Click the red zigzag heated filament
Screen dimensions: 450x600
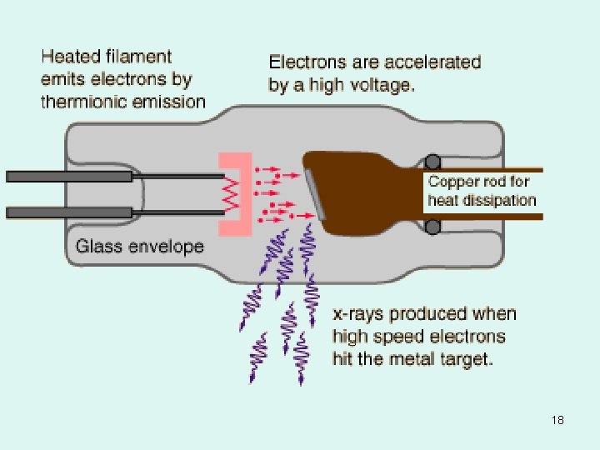click(x=231, y=193)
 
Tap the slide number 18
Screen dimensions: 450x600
click(x=557, y=420)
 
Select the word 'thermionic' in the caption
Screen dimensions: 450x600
click(x=83, y=102)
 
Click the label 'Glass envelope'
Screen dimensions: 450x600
click(x=139, y=246)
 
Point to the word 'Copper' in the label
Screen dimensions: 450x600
click(x=453, y=181)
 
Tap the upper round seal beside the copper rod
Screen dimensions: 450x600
click(x=432, y=162)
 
